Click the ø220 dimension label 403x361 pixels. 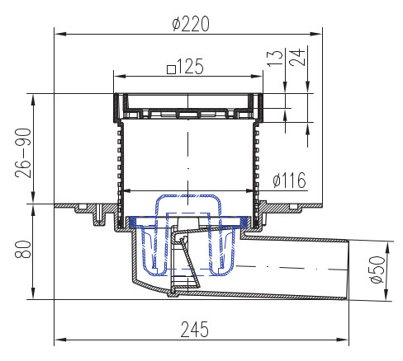click(191, 24)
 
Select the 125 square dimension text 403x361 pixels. click(186, 67)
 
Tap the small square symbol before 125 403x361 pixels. click(171, 69)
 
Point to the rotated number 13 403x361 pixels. click(275, 58)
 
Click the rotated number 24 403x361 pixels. click(297, 58)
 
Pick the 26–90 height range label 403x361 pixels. click(23, 153)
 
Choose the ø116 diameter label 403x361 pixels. click(289, 180)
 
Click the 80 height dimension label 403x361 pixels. click(23, 249)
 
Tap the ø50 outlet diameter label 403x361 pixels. click(377, 270)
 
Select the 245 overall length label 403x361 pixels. click(195, 330)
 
